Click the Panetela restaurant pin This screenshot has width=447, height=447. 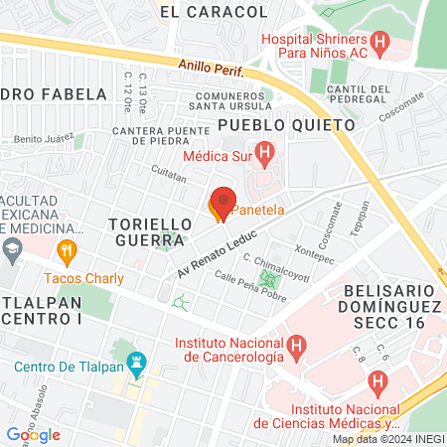pyautogui.click(x=221, y=204)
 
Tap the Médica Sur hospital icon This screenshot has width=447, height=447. pyautogui.click(x=264, y=153)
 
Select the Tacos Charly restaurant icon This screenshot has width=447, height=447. pyautogui.click(x=68, y=251)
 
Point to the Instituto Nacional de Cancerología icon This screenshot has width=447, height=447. pyautogui.click(x=295, y=346)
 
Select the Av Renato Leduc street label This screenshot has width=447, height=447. pyautogui.click(x=217, y=255)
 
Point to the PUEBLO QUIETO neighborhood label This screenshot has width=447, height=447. pyautogui.click(x=285, y=125)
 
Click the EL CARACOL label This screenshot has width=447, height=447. pyautogui.click(x=214, y=12)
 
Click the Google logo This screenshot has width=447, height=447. pyautogui.click(x=33, y=434)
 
